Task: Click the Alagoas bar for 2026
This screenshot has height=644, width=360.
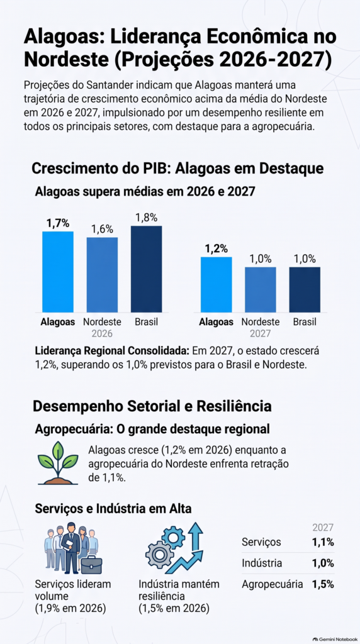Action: (x=57, y=272)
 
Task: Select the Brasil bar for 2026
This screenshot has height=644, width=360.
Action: (x=146, y=269)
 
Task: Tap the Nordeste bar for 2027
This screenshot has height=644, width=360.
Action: (x=261, y=289)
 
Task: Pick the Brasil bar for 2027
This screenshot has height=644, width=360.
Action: (x=305, y=289)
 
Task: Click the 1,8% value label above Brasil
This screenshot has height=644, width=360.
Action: (x=147, y=218)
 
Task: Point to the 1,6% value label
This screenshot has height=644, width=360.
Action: (x=103, y=229)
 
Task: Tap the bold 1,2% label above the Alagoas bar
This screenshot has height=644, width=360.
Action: (x=217, y=248)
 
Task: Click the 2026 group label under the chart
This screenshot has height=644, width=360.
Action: (x=102, y=333)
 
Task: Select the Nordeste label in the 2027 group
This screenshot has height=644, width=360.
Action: (x=261, y=322)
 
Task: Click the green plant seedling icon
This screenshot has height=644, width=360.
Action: (x=58, y=463)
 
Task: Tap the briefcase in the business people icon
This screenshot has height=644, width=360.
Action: (x=92, y=564)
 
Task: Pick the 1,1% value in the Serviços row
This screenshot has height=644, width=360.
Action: (x=322, y=542)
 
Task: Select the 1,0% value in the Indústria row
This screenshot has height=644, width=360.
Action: (x=322, y=563)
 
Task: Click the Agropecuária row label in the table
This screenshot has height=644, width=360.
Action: (x=273, y=584)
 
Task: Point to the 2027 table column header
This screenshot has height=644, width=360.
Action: (x=323, y=528)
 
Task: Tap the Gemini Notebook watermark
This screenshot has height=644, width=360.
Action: (x=335, y=640)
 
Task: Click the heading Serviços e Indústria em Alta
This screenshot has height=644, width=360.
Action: (x=113, y=508)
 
